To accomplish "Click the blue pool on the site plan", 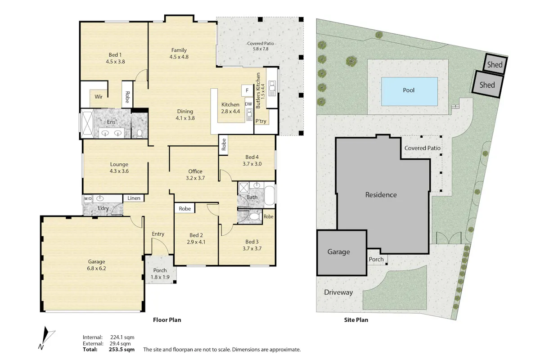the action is [409, 91].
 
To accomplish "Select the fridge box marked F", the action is [247, 90].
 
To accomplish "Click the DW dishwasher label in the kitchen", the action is [248, 104].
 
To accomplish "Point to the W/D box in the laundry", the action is [88, 199].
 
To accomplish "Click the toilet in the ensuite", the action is [139, 133].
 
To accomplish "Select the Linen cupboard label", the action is [134, 198].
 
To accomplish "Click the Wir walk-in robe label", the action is [99, 97].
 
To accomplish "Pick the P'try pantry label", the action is [261, 121].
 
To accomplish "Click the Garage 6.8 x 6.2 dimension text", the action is [96, 268].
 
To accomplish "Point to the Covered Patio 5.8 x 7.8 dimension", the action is [261, 49].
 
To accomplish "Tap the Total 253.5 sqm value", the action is [122, 349].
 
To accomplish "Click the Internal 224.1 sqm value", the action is [122, 337].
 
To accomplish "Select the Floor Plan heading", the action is [167, 320].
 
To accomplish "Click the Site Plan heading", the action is [356, 320].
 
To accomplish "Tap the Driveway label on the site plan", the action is [338, 292].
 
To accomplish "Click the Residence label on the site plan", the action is [381, 194].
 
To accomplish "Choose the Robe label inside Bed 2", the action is [184, 208].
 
